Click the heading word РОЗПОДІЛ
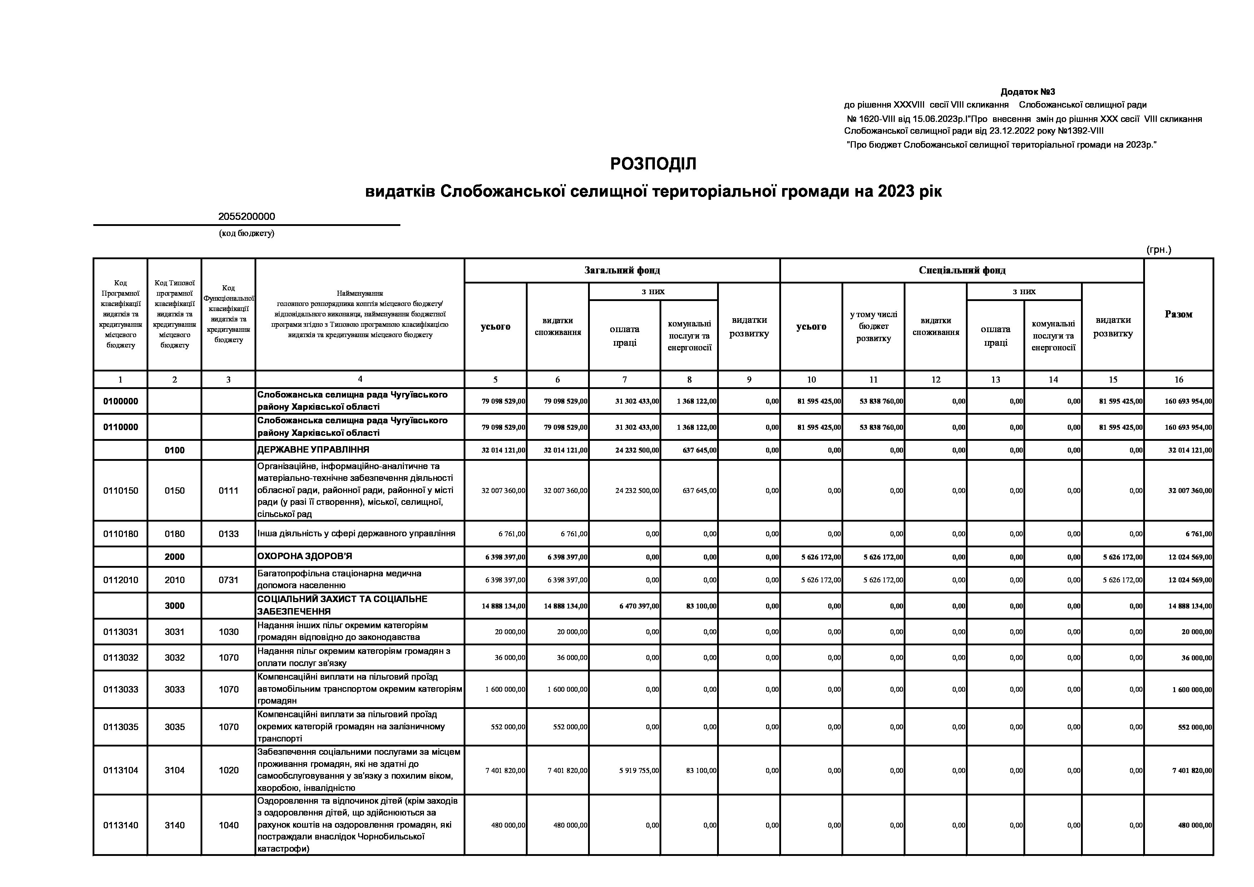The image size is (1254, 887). [x=653, y=164]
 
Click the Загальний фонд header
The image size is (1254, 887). [x=622, y=270]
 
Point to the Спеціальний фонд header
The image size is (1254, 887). [x=962, y=270]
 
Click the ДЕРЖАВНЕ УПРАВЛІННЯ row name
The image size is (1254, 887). [x=313, y=449]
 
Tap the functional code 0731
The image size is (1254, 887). [x=228, y=580]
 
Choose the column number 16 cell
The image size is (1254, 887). [x=1178, y=379]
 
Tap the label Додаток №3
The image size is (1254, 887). [x=1027, y=92]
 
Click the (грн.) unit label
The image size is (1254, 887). [x=1159, y=250]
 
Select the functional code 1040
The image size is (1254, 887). [x=228, y=825]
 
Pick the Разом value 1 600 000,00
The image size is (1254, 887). [x=1192, y=690]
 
